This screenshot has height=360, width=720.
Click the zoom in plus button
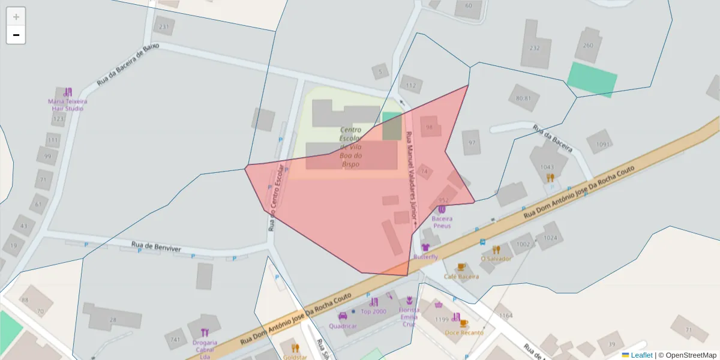[16, 17]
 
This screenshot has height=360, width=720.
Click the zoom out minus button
[16, 35]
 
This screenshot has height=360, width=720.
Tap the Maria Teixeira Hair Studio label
[67, 104]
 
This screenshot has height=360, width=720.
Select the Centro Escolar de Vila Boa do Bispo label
[350, 146]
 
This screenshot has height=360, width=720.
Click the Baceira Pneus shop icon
[442, 209]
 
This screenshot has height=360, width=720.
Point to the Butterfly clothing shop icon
[425, 247]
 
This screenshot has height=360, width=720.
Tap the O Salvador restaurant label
[496, 259]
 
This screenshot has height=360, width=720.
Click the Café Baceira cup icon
[461, 266]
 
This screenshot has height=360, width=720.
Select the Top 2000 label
[373, 311]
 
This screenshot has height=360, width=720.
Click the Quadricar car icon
[343, 316]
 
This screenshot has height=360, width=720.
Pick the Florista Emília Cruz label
[409, 317]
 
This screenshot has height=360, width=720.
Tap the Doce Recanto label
[464, 332]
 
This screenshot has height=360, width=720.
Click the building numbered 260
[588, 45]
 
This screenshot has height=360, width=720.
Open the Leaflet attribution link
[641, 355]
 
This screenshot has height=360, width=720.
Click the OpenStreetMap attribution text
[688, 355]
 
